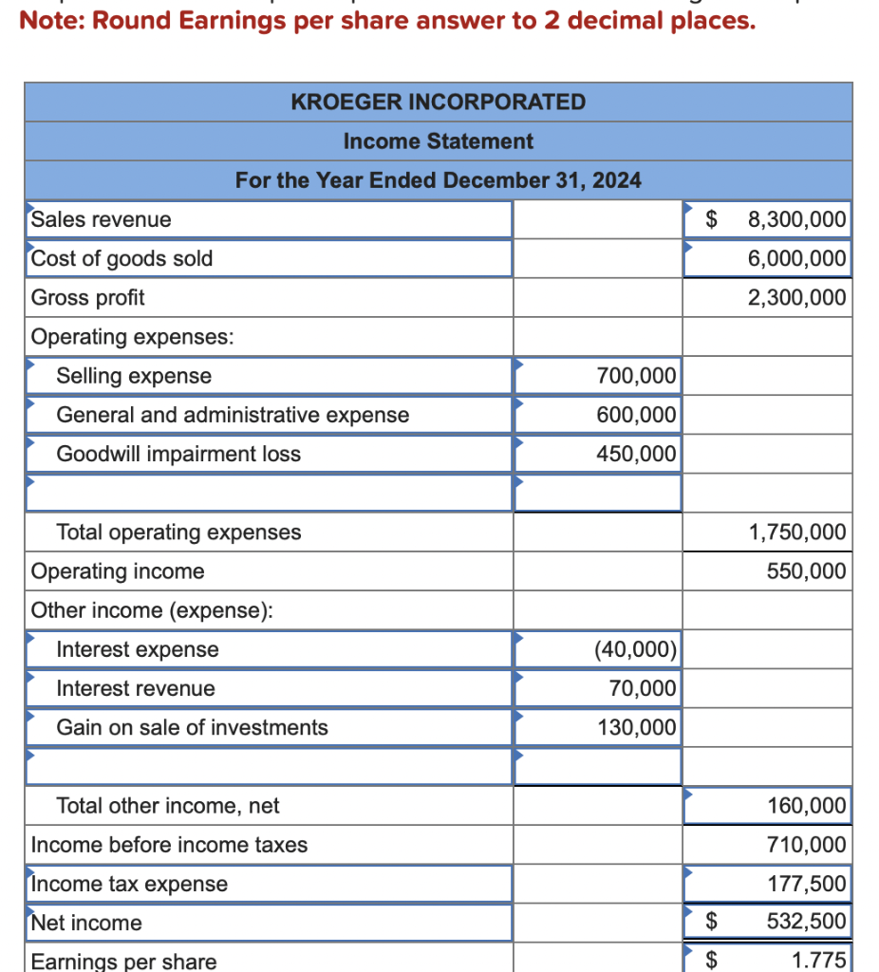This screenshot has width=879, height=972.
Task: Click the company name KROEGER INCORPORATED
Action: (x=438, y=102)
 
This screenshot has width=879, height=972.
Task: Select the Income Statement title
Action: (x=438, y=141)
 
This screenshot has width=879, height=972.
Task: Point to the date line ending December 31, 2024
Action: (x=438, y=179)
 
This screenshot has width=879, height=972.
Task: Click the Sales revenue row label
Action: (x=102, y=219)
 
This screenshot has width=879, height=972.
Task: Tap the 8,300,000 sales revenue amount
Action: (x=796, y=219)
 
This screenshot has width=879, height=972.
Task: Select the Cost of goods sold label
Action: (x=122, y=258)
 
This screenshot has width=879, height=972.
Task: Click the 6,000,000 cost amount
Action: (x=796, y=258)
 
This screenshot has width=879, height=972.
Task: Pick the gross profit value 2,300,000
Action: (x=796, y=297)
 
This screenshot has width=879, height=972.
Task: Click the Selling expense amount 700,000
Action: (x=636, y=376)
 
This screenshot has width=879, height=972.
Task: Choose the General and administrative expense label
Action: (x=233, y=415)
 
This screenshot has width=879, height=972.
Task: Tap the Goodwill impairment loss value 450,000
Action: (x=636, y=454)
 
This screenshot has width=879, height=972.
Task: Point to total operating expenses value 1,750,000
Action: (x=796, y=532)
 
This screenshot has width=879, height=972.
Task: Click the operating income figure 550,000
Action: (x=806, y=570)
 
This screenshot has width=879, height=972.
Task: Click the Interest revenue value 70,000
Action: (x=643, y=688)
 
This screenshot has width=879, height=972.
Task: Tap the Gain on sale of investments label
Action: (x=192, y=727)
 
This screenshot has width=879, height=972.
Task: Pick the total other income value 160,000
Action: (x=806, y=806)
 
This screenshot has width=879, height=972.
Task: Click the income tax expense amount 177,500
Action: (x=806, y=884)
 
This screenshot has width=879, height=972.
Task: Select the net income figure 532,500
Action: (x=806, y=922)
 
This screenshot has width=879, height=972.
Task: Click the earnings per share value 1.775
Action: (x=818, y=960)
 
